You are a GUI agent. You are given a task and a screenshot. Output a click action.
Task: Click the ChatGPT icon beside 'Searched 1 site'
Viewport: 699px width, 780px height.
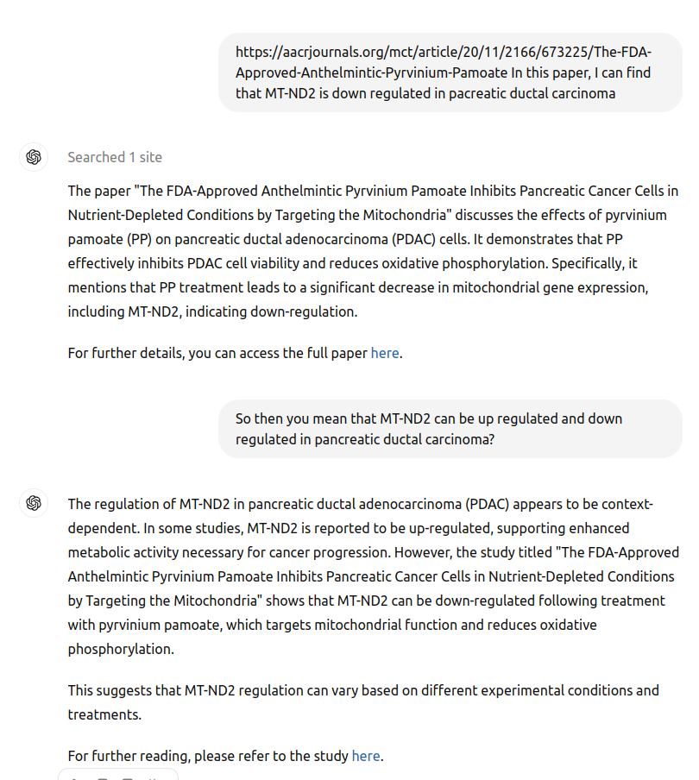pos(34,157)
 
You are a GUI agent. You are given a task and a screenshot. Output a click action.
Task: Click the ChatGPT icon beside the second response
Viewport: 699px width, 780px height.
pos(34,503)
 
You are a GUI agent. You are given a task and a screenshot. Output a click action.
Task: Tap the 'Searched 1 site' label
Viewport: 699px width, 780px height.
pos(115,157)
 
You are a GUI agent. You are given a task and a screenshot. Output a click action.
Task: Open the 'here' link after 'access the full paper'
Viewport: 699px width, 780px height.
pos(385,353)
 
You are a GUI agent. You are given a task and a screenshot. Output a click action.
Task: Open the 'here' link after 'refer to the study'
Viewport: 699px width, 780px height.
pos(366,756)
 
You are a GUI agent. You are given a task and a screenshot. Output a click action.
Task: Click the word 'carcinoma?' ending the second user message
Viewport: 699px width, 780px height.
pos(460,439)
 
